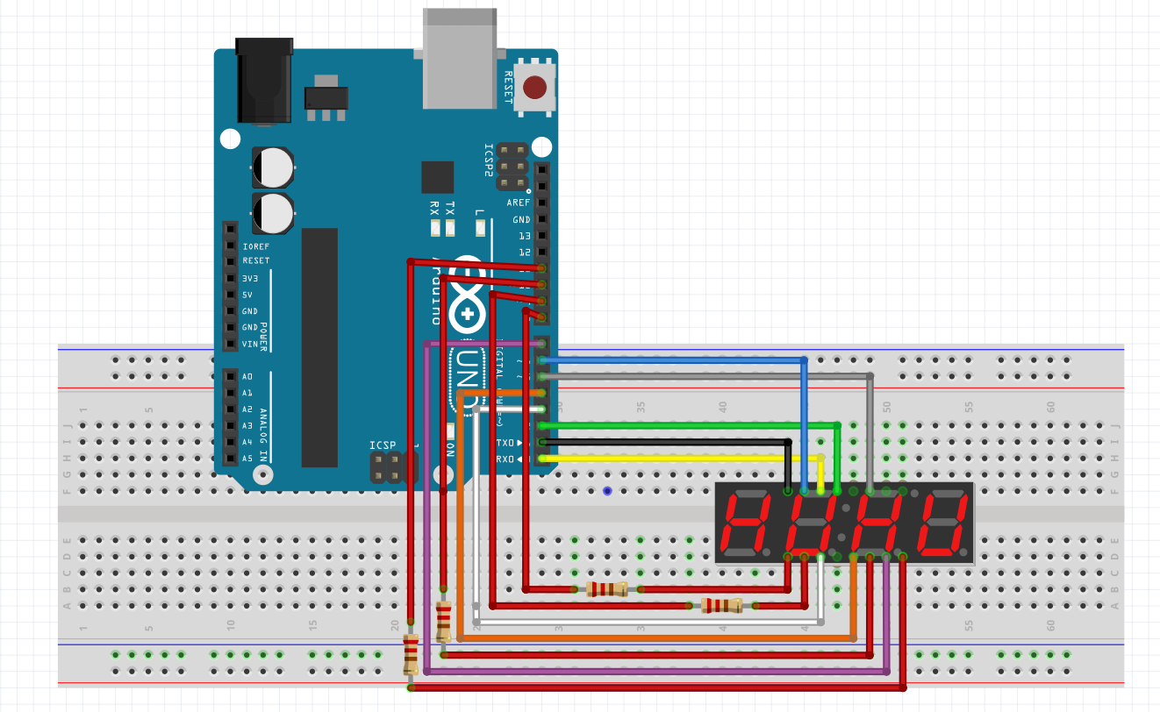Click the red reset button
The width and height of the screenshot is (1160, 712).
tap(534, 88)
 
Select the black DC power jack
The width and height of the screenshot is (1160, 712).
tap(265, 81)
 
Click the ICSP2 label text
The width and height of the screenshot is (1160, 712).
tap(490, 160)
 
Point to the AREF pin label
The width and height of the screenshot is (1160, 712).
tap(519, 203)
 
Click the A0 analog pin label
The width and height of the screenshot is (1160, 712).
tap(247, 376)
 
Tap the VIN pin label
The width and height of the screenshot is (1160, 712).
tap(250, 344)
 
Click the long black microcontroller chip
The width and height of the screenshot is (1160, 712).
tap(319, 347)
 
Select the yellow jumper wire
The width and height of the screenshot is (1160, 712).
tap(684, 458)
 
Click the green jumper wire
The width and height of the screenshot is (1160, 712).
tap(684, 425)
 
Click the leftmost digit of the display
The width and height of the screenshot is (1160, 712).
tap(745, 524)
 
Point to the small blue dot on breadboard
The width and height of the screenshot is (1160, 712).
tap(607, 491)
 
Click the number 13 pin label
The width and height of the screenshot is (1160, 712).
tap(524, 236)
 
